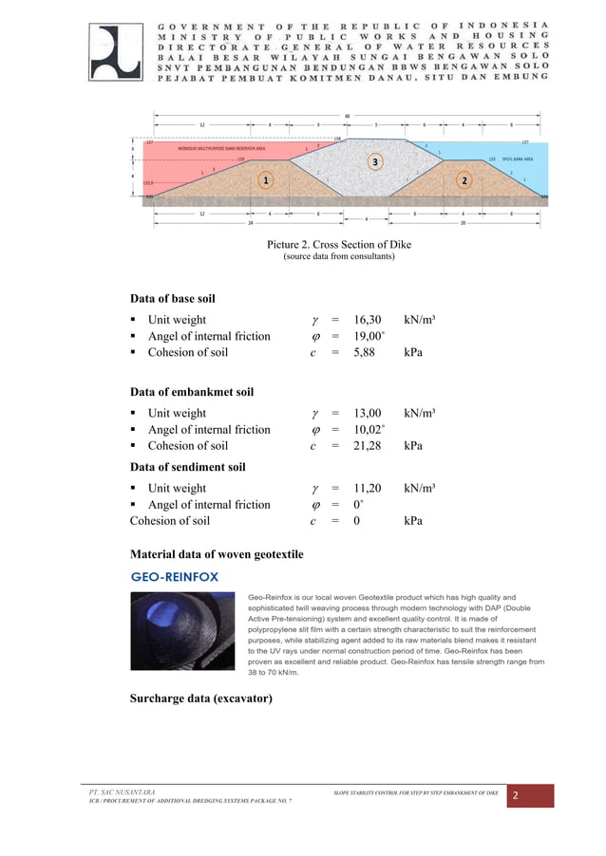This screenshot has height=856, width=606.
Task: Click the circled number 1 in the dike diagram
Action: pyautogui.click(x=267, y=179)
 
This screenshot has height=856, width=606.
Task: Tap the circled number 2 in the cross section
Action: pyautogui.click(x=464, y=180)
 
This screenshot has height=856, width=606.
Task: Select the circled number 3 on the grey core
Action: pyautogui.click(x=376, y=162)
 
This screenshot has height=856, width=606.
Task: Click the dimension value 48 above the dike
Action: pyautogui.click(x=347, y=116)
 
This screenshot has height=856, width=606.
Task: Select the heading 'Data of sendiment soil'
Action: pyautogui.click(x=187, y=466)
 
